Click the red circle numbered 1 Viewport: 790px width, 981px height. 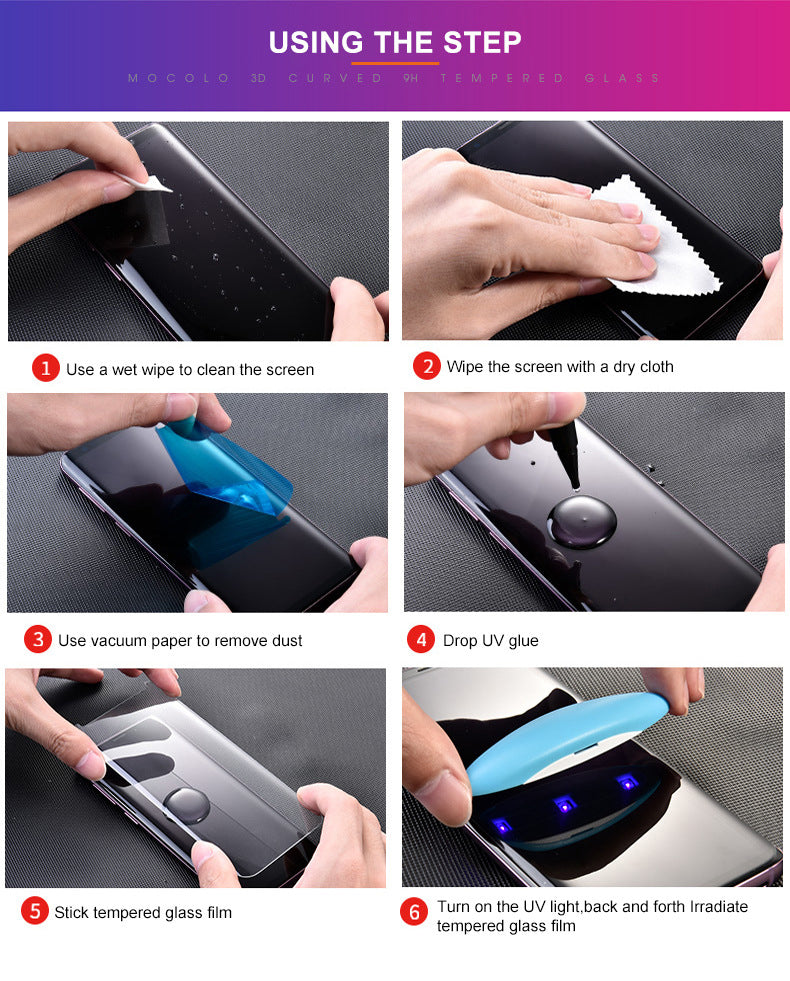pyautogui.click(x=46, y=369)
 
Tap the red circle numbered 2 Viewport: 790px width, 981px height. pyautogui.click(x=427, y=366)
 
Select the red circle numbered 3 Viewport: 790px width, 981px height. pyautogui.click(x=37, y=640)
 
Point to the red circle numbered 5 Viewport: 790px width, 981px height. pyautogui.click(x=35, y=911)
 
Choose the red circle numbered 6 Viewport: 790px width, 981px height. pyautogui.click(x=414, y=912)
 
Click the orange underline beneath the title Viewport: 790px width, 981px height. pyautogui.click(x=394, y=64)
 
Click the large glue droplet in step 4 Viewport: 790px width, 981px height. pyautogui.click(x=582, y=518)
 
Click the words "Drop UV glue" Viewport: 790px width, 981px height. pyautogui.click(x=490, y=640)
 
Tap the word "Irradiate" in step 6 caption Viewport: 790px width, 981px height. pyautogui.click(x=714, y=906)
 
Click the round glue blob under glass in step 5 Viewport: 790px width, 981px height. pyautogui.click(x=187, y=803)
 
